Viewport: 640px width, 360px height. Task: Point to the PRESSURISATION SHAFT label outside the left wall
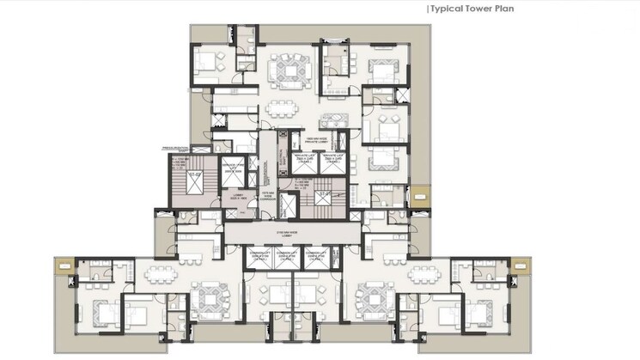coord(174,149)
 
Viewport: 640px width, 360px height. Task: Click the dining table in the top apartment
coord(281,107)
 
